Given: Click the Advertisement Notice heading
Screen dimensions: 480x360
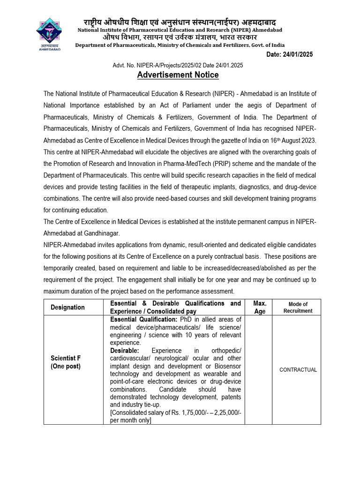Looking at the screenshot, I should [178, 75].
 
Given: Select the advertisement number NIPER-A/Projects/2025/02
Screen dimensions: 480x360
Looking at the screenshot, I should [167, 66].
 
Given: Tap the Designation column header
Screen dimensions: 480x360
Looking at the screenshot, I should [68, 307].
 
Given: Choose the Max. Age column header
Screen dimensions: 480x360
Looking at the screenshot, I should [260, 307].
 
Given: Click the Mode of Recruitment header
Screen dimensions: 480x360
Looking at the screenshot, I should [298, 307].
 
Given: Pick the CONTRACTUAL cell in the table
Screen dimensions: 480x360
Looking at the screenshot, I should [298, 370].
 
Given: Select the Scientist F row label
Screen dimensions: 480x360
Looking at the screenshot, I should [65, 359].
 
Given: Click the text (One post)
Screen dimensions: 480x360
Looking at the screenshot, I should [66, 367].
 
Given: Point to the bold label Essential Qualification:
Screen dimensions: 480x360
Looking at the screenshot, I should [142, 319].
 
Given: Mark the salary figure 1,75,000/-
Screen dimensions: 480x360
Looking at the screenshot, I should [192, 413].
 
